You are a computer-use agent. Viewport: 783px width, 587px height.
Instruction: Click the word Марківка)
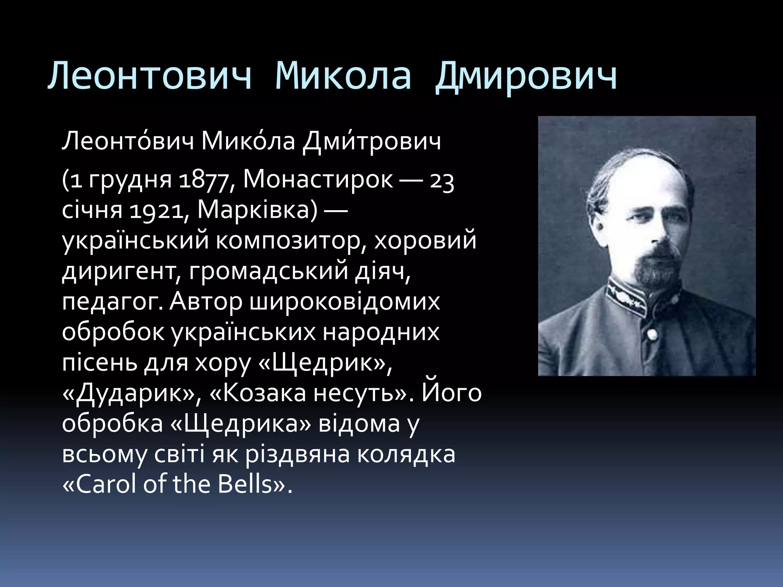click(x=257, y=211)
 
